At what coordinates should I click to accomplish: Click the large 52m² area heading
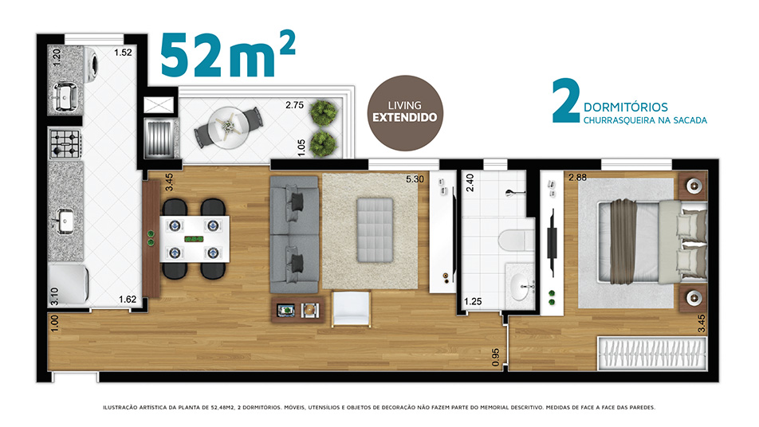227,55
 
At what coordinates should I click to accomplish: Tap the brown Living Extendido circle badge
405,112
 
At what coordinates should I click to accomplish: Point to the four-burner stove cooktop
65,143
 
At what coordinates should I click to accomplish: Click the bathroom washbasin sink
521,286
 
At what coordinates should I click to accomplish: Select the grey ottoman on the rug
375,229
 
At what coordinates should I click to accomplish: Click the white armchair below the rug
351,308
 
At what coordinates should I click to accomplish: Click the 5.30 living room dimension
415,179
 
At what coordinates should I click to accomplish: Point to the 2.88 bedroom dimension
577,178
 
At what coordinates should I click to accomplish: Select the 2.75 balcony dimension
294,105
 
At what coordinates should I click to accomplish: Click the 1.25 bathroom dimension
473,301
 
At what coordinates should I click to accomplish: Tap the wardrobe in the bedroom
652,355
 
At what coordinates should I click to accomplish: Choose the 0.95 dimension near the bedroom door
496,357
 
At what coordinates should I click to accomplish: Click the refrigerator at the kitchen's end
69,284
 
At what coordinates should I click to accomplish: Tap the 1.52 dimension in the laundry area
123,53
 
